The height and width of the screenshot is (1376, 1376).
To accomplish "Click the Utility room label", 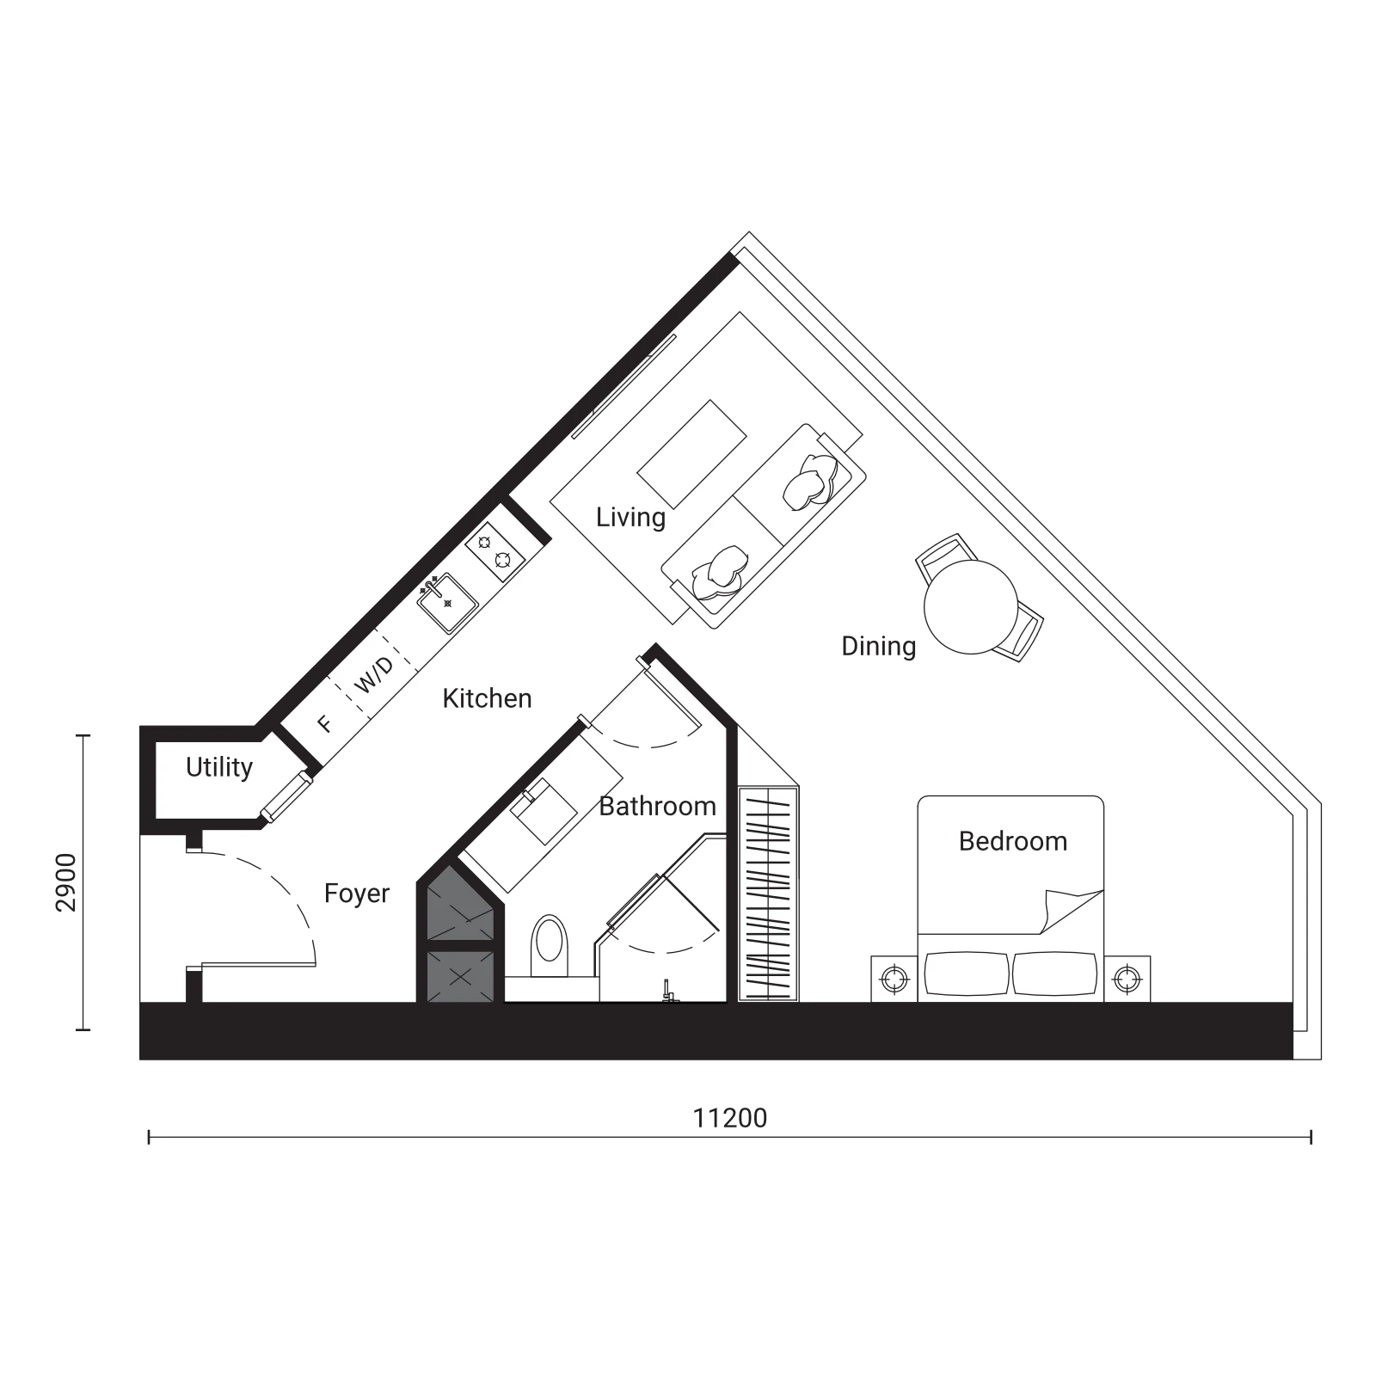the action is click(x=219, y=767).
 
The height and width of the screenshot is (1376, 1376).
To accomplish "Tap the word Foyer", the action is click(x=357, y=894).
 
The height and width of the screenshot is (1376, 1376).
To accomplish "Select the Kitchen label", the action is click(x=487, y=698).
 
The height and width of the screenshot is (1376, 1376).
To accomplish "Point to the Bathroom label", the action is click(x=658, y=806).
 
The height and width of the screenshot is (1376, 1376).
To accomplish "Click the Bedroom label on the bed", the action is click(x=1013, y=841).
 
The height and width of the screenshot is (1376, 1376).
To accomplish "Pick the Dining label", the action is click(x=879, y=647).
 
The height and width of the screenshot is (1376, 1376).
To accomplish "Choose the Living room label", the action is click(x=631, y=518).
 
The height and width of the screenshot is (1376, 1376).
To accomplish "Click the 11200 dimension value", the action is click(x=730, y=1118).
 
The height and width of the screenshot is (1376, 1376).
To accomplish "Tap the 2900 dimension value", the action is click(x=66, y=882).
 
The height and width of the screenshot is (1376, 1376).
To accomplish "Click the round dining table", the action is click(x=971, y=607).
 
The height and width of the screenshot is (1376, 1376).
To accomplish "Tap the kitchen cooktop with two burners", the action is click(x=495, y=551).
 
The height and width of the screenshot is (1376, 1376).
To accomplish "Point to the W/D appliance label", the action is click(x=375, y=675).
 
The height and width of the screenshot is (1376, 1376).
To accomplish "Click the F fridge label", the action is click(x=324, y=724).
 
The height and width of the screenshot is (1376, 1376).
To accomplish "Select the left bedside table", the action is click(x=894, y=979).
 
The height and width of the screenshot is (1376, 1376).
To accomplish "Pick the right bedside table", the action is click(x=1127, y=979).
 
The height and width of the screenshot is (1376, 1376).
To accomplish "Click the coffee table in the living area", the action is click(x=691, y=454).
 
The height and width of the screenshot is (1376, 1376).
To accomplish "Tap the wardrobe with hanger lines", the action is click(x=769, y=894).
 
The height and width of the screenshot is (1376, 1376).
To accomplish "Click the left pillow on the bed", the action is click(x=967, y=974).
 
